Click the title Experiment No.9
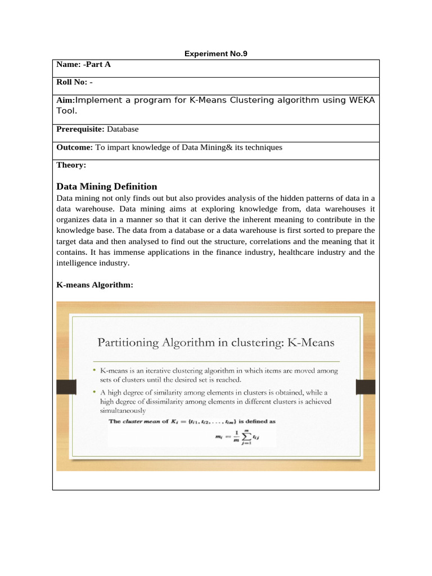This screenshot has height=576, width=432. (216, 54)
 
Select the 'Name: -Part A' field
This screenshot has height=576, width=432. (84, 65)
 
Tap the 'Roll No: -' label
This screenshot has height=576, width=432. (75, 82)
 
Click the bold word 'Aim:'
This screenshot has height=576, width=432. (65, 100)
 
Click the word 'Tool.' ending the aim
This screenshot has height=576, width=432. (67, 111)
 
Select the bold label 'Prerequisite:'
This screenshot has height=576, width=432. (80, 129)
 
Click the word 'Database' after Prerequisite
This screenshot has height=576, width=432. (123, 129)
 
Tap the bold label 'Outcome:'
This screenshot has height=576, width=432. (75, 147)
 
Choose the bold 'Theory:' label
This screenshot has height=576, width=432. (71, 165)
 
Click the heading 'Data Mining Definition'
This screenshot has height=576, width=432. (107, 186)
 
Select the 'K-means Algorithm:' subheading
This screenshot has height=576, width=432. (95, 285)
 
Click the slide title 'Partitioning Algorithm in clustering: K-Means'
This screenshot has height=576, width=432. (216, 342)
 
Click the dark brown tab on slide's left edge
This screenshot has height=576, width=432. (66, 387)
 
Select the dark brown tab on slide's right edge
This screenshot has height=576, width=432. (365, 387)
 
